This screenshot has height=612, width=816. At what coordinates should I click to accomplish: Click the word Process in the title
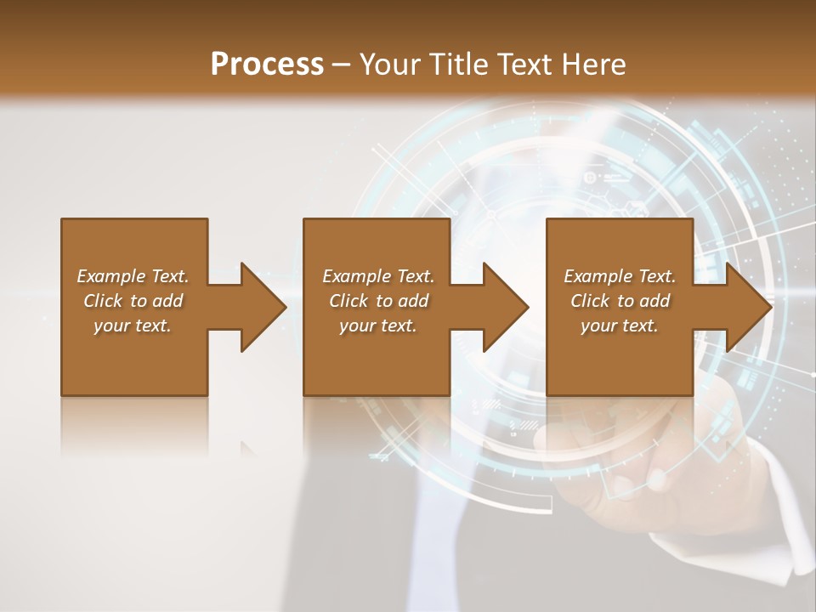point(267,65)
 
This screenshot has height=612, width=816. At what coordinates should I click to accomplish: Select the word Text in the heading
point(524,65)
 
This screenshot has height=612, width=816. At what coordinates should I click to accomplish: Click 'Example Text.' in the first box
point(133,276)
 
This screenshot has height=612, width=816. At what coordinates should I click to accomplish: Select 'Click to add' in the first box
point(133,301)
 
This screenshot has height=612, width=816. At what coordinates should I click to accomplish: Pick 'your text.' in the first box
point(133,326)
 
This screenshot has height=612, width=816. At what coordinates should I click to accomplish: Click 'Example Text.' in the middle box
point(377,276)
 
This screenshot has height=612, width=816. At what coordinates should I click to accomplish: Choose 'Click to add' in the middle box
point(377,301)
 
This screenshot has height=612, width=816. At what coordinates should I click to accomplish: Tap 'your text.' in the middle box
point(377,326)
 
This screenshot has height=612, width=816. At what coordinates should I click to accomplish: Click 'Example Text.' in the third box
point(620,276)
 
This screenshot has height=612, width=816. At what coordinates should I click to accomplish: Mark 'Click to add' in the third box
point(620,301)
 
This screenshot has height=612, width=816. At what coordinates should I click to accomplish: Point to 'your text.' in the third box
point(620,326)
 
